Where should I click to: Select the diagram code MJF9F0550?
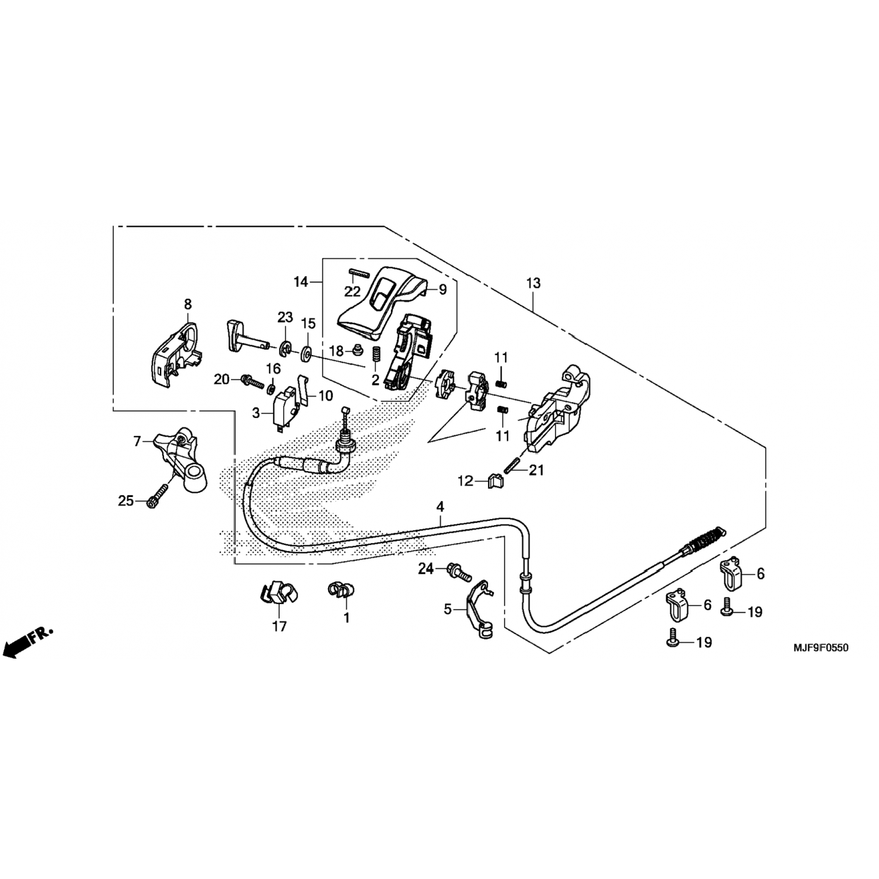(820, 648)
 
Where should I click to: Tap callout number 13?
(533, 284)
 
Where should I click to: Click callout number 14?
(301, 282)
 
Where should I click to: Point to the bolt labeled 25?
(154, 500)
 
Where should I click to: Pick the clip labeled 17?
(276, 593)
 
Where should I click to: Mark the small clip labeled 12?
(495, 481)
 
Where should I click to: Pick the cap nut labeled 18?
(355, 351)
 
